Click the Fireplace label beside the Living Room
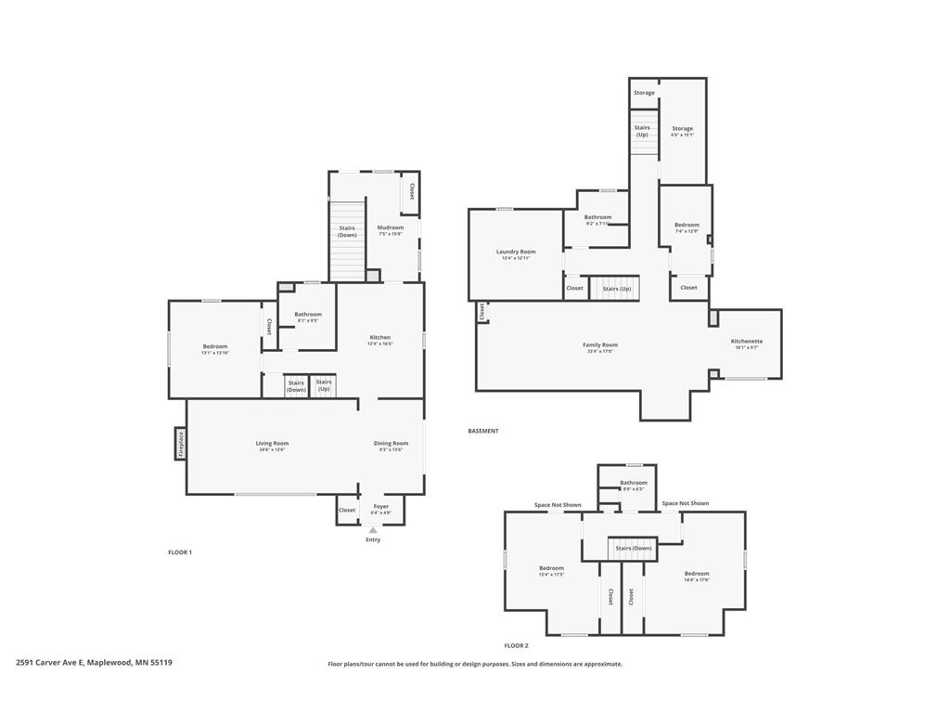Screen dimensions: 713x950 pyautogui.click(x=181, y=443)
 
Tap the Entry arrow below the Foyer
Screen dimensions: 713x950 pyautogui.click(x=373, y=531)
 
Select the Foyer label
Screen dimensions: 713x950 pyautogui.click(x=380, y=507)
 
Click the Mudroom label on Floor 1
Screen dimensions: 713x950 pyautogui.click(x=390, y=227)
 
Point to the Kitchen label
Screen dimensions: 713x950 pyautogui.click(x=380, y=338)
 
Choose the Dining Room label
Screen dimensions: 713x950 pyautogui.click(x=391, y=444)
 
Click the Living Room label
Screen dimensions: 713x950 pyautogui.click(x=273, y=444)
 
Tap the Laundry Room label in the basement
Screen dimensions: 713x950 pyautogui.click(x=516, y=252)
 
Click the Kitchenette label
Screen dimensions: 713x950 pyautogui.click(x=747, y=341)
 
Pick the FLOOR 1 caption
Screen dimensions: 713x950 pyautogui.click(x=180, y=552)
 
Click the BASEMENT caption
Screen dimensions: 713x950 pyautogui.click(x=483, y=431)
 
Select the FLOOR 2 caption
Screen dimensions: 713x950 pyautogui.click(x=516, y=645)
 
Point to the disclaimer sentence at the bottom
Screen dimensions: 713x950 pyautogui.click(x=475, y=664)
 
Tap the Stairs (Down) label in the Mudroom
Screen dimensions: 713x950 pyautogui.click(x=347, y=231)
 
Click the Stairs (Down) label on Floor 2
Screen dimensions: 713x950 pyautogui.click(x=634, y=549)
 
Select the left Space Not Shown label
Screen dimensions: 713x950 pyautogui.click(x=558, y=505)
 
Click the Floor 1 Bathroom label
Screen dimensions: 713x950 pyautogui.click(x=308, y=315)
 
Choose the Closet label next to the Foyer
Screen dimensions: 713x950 pyautogui.click(x=347, y=510)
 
